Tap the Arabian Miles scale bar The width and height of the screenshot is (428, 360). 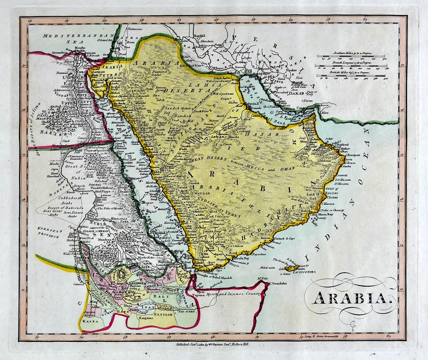(351, 57)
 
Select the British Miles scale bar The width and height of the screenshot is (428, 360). (351, 74)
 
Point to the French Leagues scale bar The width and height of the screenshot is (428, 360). (351, 66)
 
